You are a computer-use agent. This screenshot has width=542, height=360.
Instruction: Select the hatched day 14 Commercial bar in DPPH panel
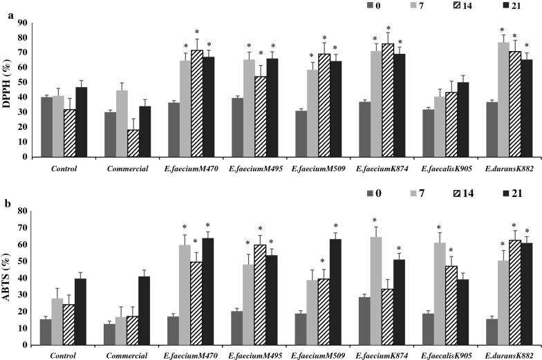click(132, 143)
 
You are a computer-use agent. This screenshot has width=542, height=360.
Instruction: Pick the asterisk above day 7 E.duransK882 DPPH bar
click(503, 30)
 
